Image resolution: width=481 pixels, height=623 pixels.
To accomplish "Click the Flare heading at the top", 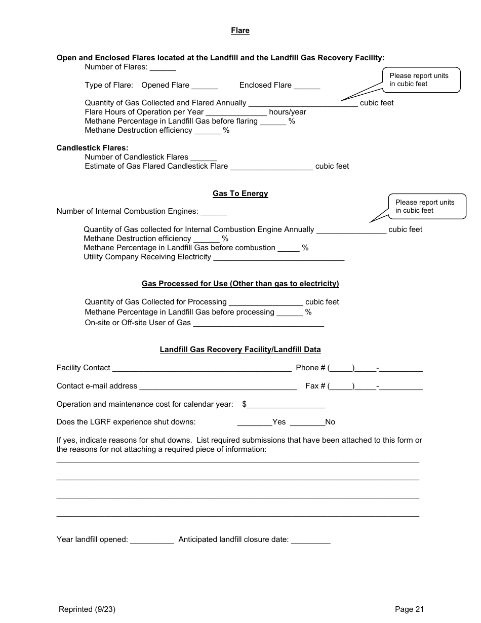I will [240, 31].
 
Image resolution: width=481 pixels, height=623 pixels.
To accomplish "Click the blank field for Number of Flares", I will [163, 67].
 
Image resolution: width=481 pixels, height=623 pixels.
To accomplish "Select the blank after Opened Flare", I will [205, 86].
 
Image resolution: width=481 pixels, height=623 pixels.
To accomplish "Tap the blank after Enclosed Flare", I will [307, 86].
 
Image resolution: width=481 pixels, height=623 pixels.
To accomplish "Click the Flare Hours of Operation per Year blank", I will [236, 112].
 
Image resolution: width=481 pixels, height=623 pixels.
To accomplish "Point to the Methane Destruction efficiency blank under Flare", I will [207, 131].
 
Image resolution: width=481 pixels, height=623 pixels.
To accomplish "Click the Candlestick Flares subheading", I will [92, 148].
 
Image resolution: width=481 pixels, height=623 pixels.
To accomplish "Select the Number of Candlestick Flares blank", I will [203, 158].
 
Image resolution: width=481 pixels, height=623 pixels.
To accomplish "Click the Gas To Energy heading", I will [240, 194].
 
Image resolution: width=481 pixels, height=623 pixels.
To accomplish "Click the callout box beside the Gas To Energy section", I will [427, 207].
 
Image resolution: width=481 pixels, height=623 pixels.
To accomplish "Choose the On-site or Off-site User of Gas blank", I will [258, 323].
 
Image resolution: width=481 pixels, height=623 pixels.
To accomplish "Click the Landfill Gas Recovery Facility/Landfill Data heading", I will [240, 350].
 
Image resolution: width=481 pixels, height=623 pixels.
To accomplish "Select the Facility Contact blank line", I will [202, 368].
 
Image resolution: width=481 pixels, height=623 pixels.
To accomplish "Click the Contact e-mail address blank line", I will [218, 386].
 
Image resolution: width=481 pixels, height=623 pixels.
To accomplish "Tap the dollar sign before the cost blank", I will [245, 404].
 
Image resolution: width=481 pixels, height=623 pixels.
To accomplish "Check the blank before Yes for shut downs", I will [254, 422].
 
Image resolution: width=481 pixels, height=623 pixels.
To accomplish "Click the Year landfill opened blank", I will [152, 540].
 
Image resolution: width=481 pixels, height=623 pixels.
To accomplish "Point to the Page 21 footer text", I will [409, 610].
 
